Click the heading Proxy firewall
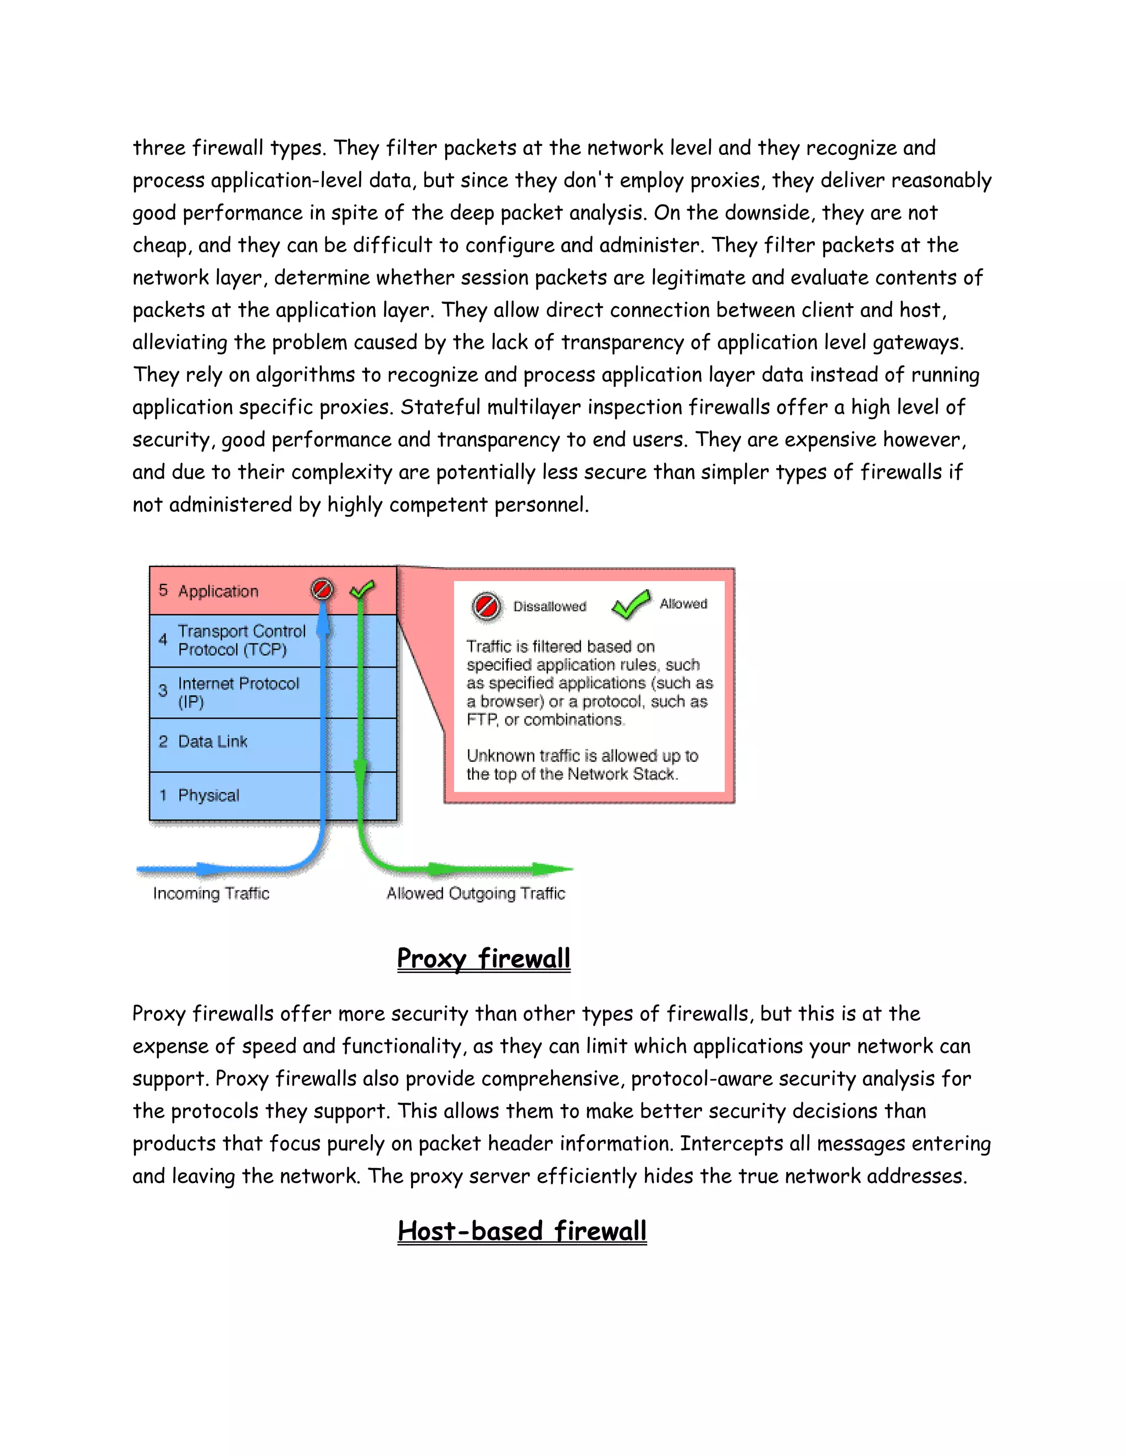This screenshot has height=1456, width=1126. coord(484,959)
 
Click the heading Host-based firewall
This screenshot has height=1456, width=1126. coord(522,1231)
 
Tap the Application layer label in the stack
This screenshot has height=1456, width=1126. coord(218,591)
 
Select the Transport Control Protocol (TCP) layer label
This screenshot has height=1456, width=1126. coord(241,640)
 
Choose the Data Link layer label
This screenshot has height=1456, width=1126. coord(212,741)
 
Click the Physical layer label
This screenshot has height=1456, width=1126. coord(208,796)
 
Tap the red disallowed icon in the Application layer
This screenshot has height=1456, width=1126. coord(322,590)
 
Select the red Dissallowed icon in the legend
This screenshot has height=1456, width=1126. coord(485,606)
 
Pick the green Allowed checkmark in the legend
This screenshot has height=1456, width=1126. coord(631,604)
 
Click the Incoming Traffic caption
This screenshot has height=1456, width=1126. coord(211,893)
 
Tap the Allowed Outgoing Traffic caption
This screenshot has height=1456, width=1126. coord(476,893)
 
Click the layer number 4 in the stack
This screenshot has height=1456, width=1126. coord(163,640)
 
